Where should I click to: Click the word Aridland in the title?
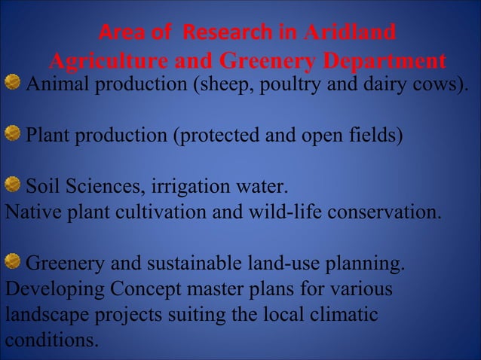click(348, 33)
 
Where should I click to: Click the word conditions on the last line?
click(51, 340)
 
